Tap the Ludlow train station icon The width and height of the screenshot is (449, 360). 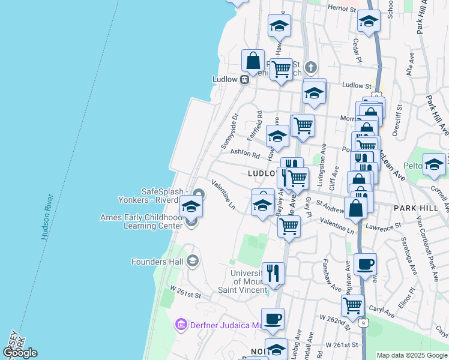pos(245,79)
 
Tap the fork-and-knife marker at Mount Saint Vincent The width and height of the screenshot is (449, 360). pos(273,274)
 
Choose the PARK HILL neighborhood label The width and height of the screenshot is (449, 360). pos(414,207)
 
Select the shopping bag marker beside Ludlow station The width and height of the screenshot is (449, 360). pos(253,61)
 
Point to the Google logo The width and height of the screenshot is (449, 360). pos(19,352)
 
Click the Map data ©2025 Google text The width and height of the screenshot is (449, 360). pos(411,355)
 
